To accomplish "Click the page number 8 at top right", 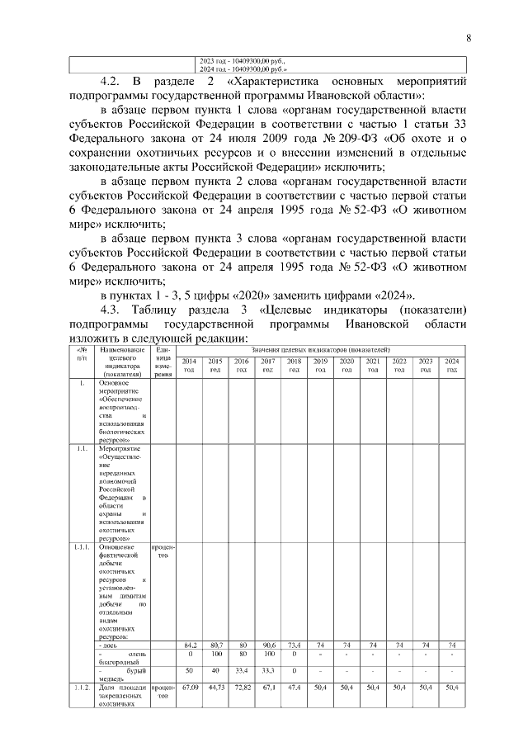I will click(468, 38).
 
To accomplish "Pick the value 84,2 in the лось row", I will click(189, 645).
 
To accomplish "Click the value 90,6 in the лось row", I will click(267, 645).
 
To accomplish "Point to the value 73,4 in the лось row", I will click(294, 645).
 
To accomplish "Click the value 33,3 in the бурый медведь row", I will click(267, 670).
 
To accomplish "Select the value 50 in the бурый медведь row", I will click(189, 670).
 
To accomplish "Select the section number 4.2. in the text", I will click(112, 83).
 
